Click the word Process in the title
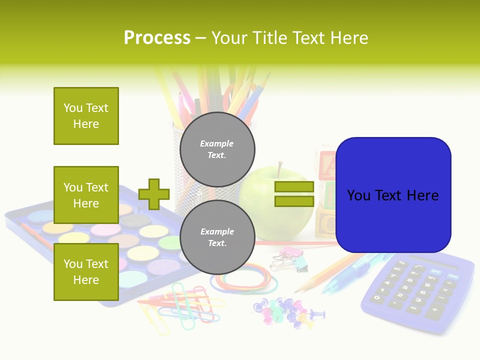click(157, 38)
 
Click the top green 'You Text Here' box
click(86, 116)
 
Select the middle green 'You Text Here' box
click(86, 195)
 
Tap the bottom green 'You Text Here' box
click(86, 272)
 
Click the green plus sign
click(154, 194)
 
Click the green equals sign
click(294, 194)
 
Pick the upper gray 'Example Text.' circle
click(217, 149)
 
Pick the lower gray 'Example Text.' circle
click(217, 237)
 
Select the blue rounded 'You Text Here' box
click(393, 195)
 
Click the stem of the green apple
click(279, 167)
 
